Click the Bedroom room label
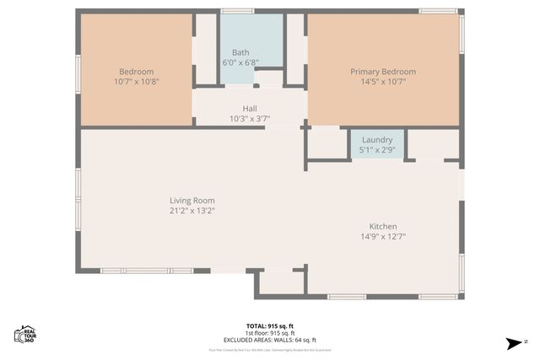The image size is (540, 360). [x=135, y=72]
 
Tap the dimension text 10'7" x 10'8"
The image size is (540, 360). [x=135, y=82]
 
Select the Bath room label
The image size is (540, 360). [x=240, y=52]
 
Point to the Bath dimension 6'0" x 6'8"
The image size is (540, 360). [x=240, y=62]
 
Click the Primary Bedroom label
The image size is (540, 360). [x=383, y=72]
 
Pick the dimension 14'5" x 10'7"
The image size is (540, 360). [x=383, y=82]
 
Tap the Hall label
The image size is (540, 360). [x=250, y=109]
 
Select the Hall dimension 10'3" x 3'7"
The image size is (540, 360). [x=250, y=119]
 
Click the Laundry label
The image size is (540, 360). [x=377, y=140]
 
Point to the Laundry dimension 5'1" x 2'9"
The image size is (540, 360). [x=377, y=150]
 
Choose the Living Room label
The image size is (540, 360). [x=192, y=201]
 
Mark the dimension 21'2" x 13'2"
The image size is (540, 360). [x=192, y=211]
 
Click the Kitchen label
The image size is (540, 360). [x=382, y=226]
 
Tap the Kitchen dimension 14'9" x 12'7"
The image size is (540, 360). [x=382, y=237]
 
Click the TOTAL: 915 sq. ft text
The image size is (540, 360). [x=269, y=325]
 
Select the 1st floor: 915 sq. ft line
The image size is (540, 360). [x=269, y=332]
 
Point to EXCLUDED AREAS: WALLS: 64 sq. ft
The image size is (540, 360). [x=269, y=340]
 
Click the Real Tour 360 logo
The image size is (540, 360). [x=24, y=334]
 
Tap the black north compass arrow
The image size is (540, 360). [x=514, y=343]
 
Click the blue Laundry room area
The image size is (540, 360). [x=377, y=153]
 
